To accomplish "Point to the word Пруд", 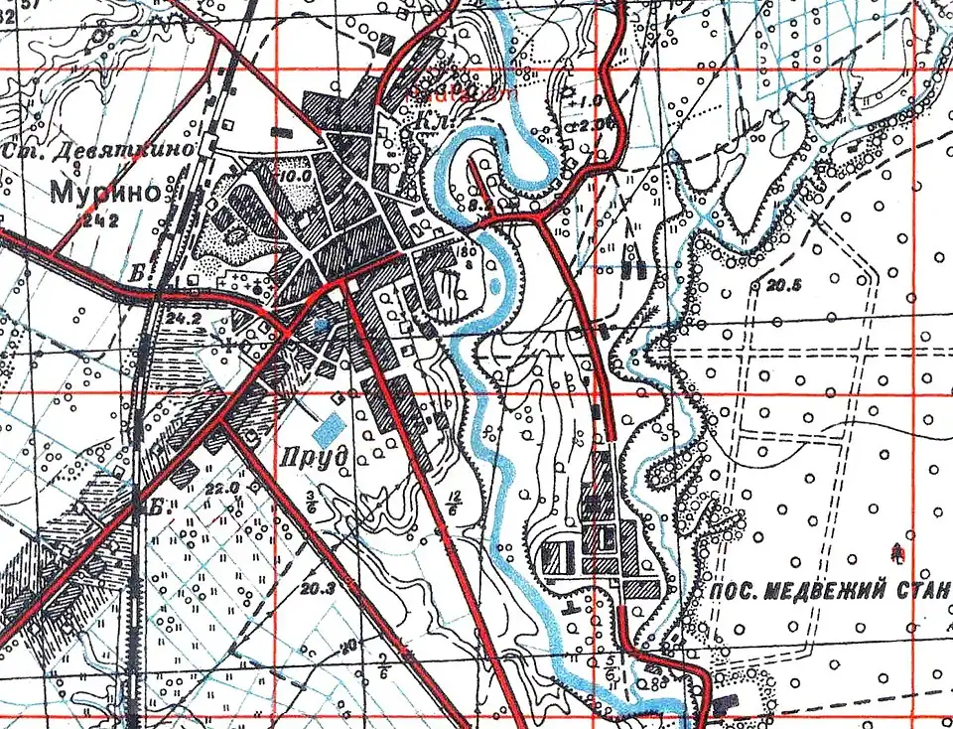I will click(x=313, y=457).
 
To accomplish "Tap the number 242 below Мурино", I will click(x=101, y=221).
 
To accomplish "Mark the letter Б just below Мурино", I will click(x=136, y=270).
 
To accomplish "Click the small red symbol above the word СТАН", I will click(x=900, y=548).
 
